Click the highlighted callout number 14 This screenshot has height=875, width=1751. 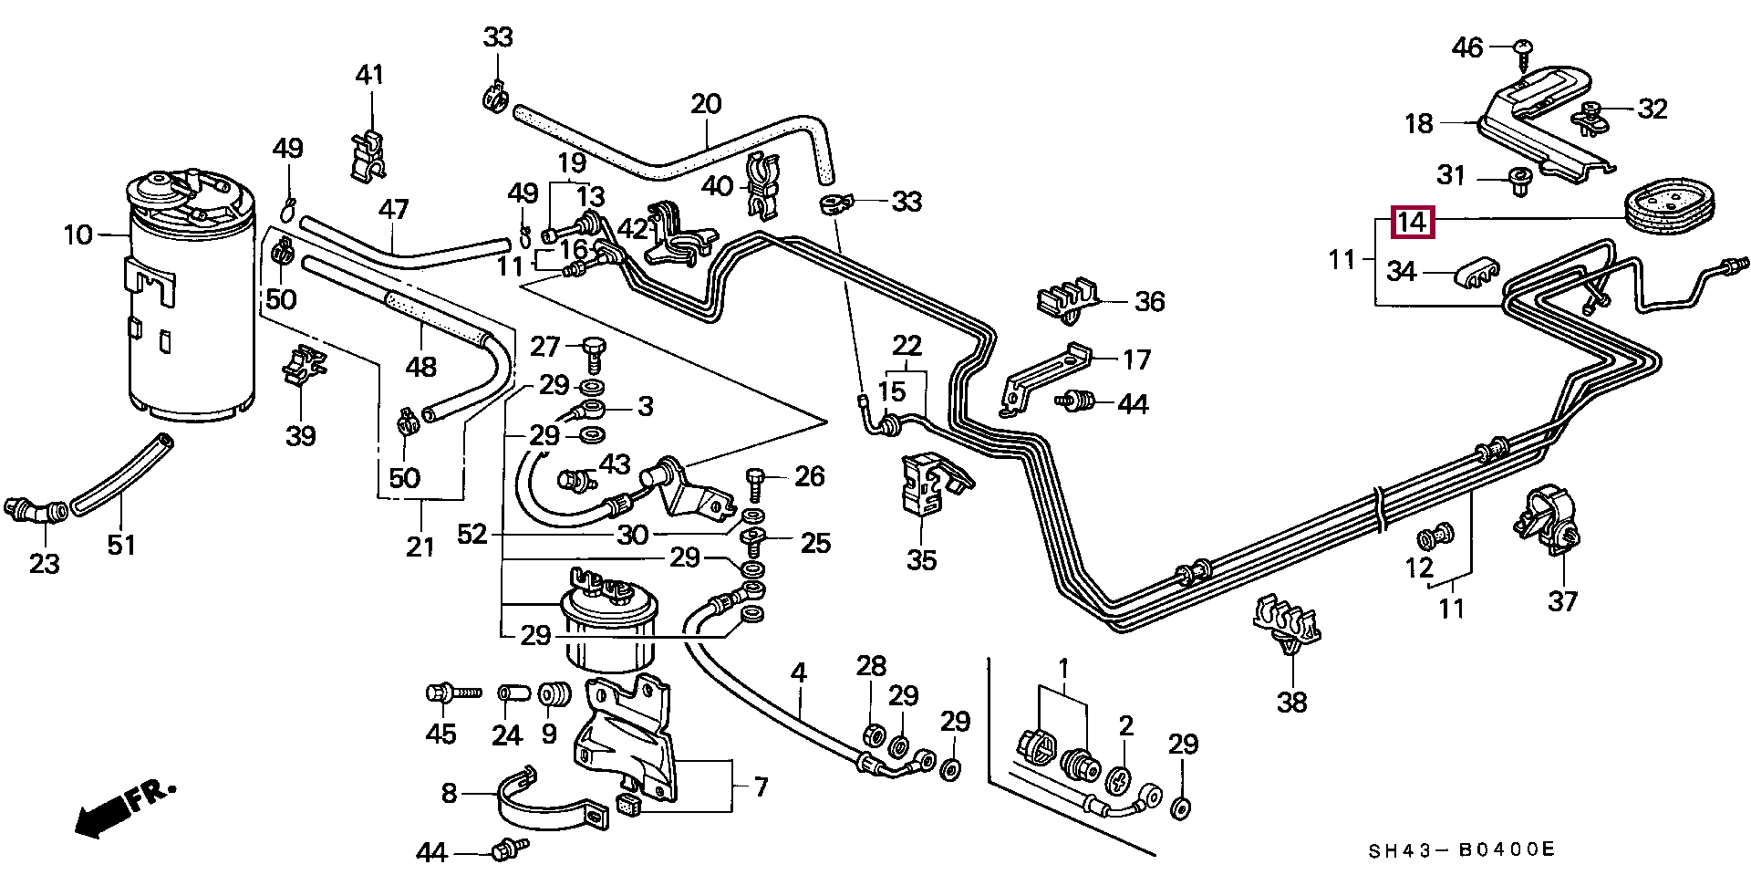tap(1411, 222)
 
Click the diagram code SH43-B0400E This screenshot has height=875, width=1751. tap(1461, 850)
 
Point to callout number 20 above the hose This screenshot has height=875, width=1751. tap(706, 104)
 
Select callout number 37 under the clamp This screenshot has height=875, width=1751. tap(1563, 601)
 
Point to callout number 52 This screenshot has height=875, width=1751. tap(472, 534)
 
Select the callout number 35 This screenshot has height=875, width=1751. tap(921, 559)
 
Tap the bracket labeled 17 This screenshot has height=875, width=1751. tap(1044, 374)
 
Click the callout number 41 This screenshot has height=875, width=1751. tap(370, 75)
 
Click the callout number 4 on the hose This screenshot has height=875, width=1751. tap(799, 674)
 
